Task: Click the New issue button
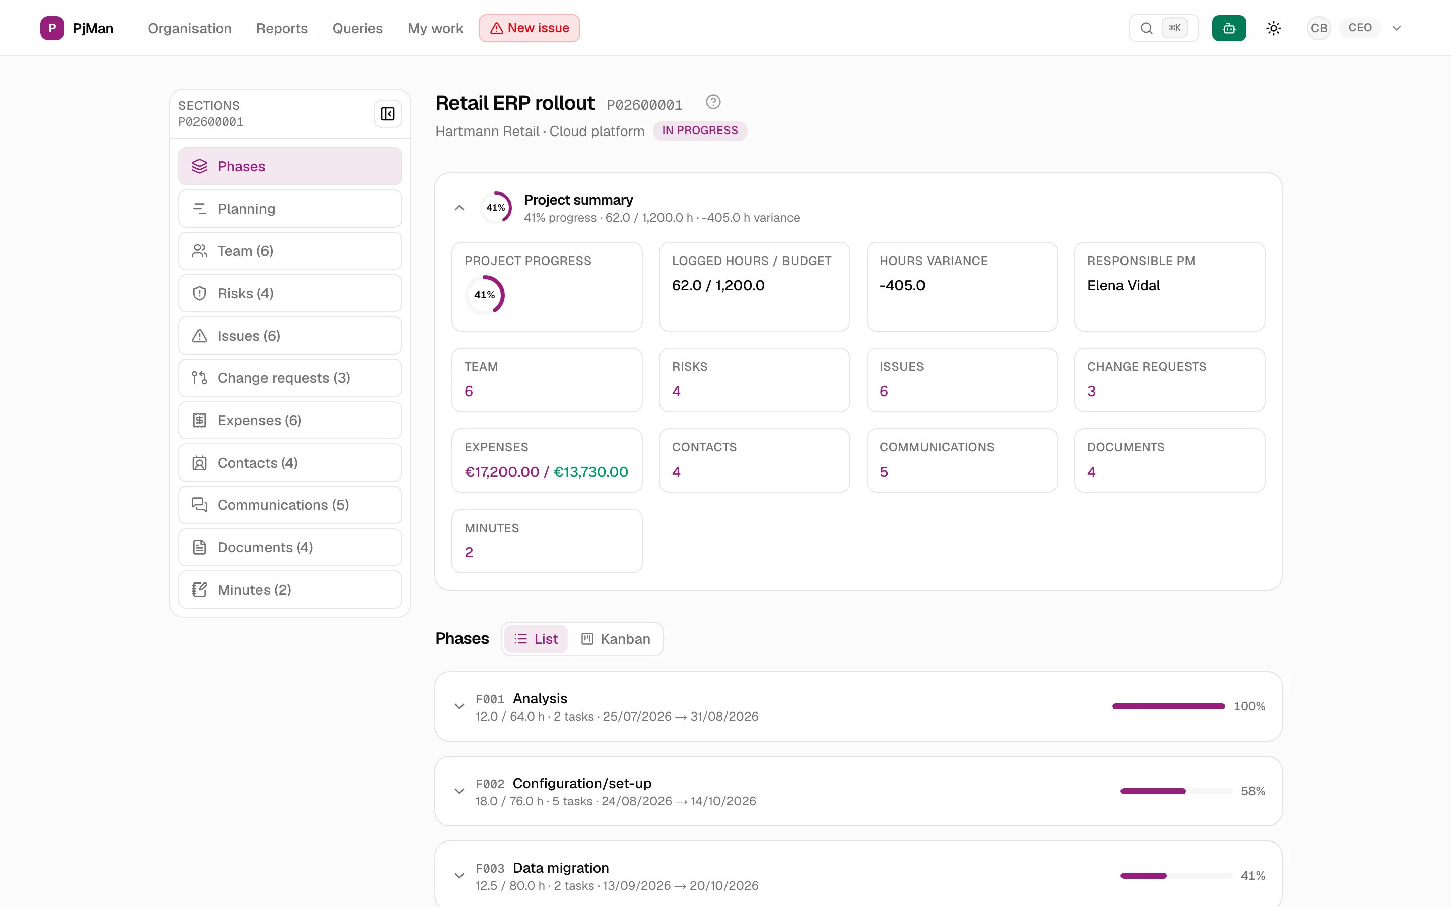click(x=529, y=28)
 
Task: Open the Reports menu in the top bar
click(x=282, y=28)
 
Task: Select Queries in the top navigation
click(x=357, y=28)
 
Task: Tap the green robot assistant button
click(x=1228, y=28)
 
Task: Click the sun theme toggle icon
click(x=1274, y=28)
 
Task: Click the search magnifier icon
click(x=1146, y=28)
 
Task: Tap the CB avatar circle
click(x=1318, y=28)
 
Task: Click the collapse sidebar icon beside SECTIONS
click(x=388, y=114)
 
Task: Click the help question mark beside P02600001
click(x=713, y=102)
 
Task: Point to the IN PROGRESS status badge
click(x=700, y=131)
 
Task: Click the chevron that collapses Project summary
click(x=459, y=208)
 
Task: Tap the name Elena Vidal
click(x=1123, y=286)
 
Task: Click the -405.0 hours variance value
click(x=902, y=286)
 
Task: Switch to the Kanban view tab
click(x=616, y=639)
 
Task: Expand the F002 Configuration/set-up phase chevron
click(x=459, y=791)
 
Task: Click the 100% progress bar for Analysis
click(x=1168, y=706)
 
